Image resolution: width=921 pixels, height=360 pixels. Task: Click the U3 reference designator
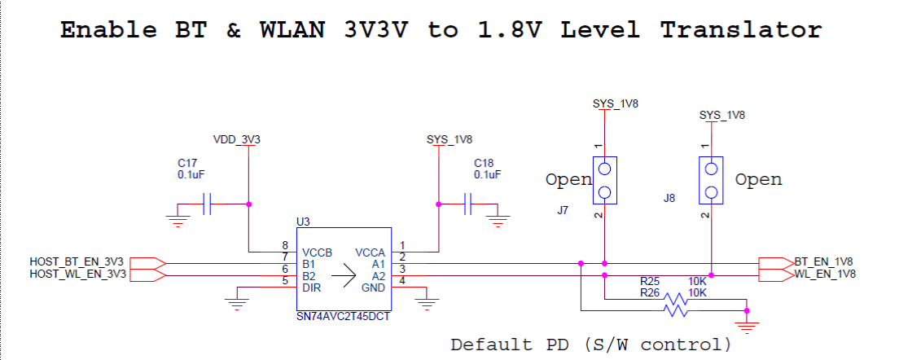click(304, 222)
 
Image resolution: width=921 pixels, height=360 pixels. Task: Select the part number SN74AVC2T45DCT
click(344, 318)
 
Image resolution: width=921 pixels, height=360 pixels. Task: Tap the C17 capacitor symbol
click(206, 204)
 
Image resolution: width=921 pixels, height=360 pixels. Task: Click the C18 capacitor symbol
click(467, 204)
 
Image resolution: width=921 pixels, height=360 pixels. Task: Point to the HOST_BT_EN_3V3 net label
click(77, 261)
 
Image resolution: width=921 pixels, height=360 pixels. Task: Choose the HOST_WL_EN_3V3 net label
click(77, 274)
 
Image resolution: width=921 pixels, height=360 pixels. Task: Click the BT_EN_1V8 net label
click(823, 261)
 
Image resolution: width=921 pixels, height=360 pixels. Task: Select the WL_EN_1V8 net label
click(825, 274)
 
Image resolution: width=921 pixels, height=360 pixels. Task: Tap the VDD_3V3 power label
click(237, 140)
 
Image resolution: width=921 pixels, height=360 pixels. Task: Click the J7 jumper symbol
click(604, 180)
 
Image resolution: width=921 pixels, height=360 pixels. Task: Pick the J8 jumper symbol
click(711, 180)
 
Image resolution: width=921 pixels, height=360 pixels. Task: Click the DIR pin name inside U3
click(311, 288)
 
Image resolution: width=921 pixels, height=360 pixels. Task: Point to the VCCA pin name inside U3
click(370, 252)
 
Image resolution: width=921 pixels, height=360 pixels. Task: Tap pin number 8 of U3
click(286, 245)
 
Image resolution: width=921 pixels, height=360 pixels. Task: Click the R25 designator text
click(650, 281)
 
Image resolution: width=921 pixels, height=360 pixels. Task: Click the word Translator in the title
click(741, 29)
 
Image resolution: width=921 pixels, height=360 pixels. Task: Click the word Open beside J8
click(759, 180)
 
